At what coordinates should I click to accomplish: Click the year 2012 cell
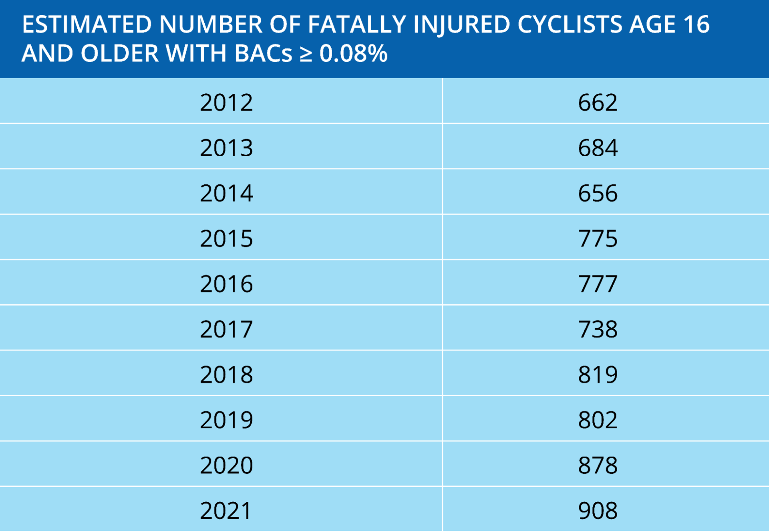(226, 103)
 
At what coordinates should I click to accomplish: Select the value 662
(598, 103)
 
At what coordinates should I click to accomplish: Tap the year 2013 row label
(226, 148)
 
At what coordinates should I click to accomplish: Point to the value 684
(598, 148)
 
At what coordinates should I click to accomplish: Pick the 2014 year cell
(226, 193)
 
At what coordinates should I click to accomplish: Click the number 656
(598, 193)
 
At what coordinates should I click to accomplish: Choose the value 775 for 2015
(598, 239)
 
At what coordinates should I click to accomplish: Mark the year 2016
(226, 284)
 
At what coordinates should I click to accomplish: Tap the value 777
(598, 284)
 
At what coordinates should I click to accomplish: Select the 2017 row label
(226, 329)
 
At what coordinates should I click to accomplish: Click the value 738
(598, 329)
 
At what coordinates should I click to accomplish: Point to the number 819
(598, 375)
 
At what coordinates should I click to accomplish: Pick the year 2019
(226, 420)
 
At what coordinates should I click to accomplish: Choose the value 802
(598, 420)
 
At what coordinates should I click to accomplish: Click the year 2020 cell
(226, 465)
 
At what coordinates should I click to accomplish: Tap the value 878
(598, 465)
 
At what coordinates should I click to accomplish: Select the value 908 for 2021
(598, 511)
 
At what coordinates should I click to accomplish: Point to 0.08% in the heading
(353, 53)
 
